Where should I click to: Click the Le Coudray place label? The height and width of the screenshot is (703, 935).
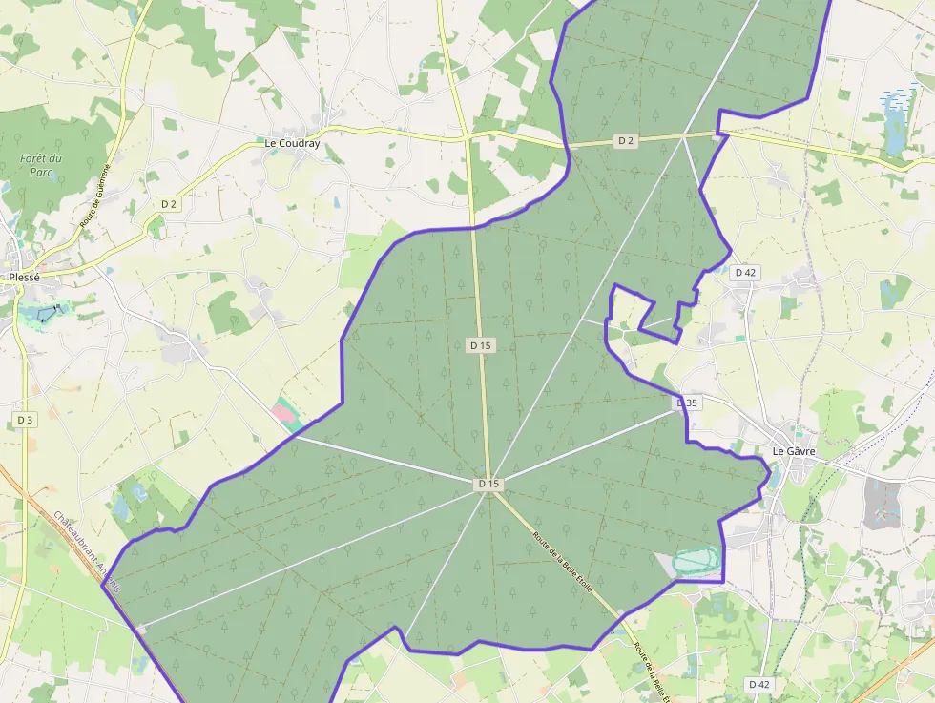click(x=292, y=144)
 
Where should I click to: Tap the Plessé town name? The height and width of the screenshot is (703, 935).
click(x=24, y=278)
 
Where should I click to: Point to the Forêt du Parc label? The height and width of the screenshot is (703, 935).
click(x=41, y=165)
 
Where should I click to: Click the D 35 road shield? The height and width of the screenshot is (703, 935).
click(x=687, y=403)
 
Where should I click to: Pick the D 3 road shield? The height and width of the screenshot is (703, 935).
click(x=25, y=420)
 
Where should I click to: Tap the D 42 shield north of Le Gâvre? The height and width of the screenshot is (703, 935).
click(x=745, y=272)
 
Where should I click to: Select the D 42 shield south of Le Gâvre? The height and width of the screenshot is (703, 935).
click(x=758, y=684)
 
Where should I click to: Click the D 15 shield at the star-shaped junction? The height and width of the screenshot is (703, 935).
click(x=488, y=485)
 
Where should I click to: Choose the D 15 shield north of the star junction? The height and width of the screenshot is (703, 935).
click(x=480, y=345)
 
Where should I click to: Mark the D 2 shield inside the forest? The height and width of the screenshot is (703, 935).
click(x=626, y=141)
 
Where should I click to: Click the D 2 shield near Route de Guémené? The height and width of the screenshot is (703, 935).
click(x=169, y=204)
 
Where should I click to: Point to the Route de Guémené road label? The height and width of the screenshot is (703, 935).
click(x=95, y=196)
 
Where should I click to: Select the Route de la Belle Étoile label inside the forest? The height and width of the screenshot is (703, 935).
click(x=563, y=562)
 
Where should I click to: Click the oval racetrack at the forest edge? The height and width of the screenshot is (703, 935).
click(x=696, y=560)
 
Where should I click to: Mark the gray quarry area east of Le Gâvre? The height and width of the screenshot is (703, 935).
click(x=883, y=503)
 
